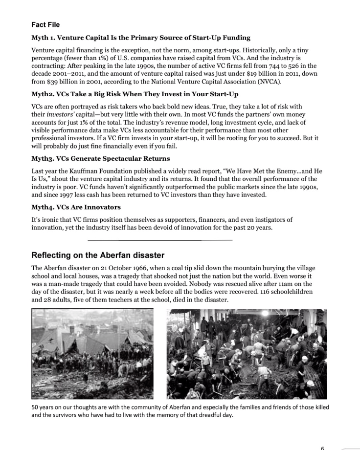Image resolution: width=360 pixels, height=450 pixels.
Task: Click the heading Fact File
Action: [45, 24]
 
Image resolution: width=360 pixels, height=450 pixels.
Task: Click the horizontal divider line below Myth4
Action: [160, 240]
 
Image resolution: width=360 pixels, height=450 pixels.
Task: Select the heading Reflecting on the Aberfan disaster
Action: [98, 256]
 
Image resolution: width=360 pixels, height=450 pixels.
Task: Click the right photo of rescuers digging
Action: [247, 354]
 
